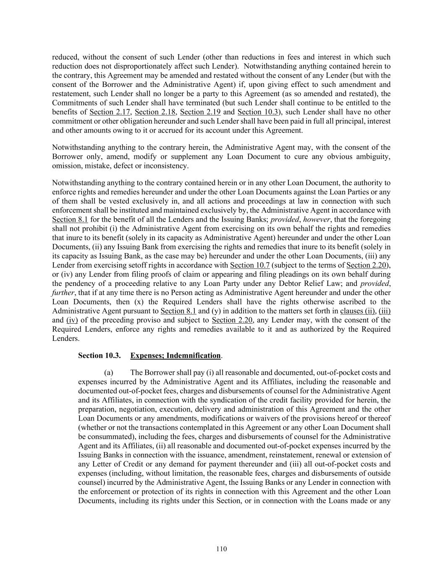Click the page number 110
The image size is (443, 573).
[x=221, y=549]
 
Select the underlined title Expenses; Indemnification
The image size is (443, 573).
[x=175, y=356]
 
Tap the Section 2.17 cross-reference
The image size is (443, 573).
[x=108, y=112]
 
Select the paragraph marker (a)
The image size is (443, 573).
[x=109, y=372]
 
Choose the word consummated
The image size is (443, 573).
[x=105, y=437]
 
